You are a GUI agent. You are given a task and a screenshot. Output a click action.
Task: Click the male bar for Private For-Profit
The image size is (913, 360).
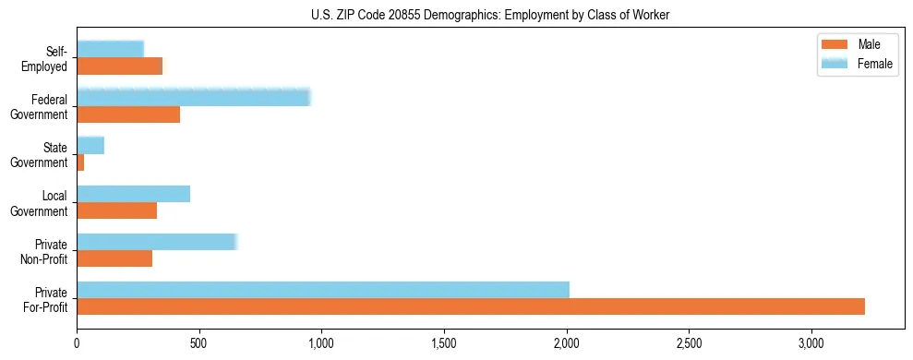pyautogui.click(x=471, y=306)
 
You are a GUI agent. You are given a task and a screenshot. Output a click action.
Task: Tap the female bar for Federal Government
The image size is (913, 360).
pyautogui.click(x=194, y=98)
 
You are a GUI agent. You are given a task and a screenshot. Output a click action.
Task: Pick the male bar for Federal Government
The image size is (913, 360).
pyautogui.click(x=128, y=114)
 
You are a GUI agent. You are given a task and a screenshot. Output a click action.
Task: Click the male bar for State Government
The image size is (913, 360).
pyautogui.click(x=81, y=162)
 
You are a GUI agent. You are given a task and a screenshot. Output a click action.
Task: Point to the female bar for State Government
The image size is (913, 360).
pyautogui.click(x=90, y=146)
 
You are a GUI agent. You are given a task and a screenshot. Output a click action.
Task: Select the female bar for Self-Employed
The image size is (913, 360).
pyautogui.click(x=111, y=49)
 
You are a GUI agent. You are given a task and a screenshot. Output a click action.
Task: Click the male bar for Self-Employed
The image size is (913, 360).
pyautogui.click(x=120, y=66)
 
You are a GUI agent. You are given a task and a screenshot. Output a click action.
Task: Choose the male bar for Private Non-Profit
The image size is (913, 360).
pyautogui.click(x=114, y=258)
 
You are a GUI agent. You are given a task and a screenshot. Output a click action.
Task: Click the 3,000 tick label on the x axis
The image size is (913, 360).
pyautogui.click(x=811, y=344)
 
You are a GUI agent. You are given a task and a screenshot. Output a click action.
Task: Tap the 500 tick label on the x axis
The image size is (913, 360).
pyautogui.click(x=199, y=344)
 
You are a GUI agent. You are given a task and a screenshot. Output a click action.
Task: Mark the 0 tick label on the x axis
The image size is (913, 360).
pyautogui.click(x=78, y=344)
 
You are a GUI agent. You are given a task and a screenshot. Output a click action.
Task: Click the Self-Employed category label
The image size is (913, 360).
pyautogui.click(x=49, y=58)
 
